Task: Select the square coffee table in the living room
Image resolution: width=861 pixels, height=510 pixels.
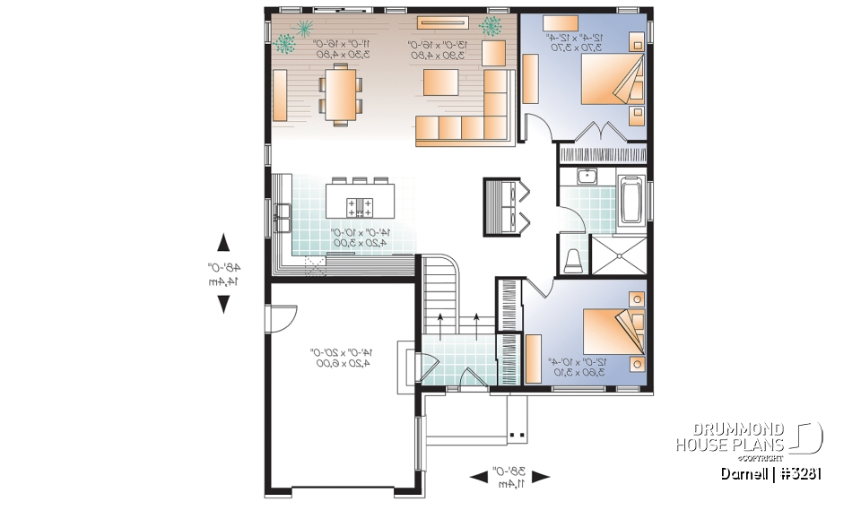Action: (441, 83)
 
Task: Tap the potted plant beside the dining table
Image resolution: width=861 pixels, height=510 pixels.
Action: (286, 42)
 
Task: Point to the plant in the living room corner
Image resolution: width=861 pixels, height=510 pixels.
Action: (491, 26)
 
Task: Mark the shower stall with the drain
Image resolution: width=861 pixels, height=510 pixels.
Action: (619, 255)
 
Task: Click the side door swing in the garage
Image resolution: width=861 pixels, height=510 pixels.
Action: (282, 317)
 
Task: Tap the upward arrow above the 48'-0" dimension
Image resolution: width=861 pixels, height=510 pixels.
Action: (223, 242)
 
